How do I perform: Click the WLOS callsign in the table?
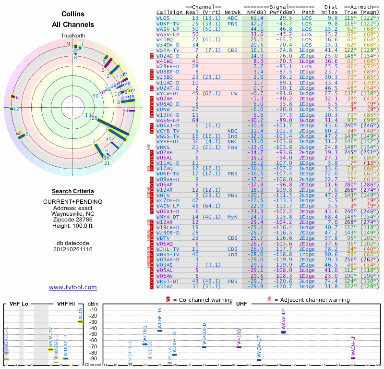(163, 18)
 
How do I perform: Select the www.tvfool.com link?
(73, 287)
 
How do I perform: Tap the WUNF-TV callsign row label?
(168, 23)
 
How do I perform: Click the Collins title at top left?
(73, 15)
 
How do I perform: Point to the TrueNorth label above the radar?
(73, 36)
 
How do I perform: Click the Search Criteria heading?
(73, 191)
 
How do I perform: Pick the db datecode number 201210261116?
(73, 249)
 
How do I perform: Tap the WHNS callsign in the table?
(163, 147)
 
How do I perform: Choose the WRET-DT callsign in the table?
(168, 281)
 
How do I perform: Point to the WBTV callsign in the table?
(163, 238)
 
